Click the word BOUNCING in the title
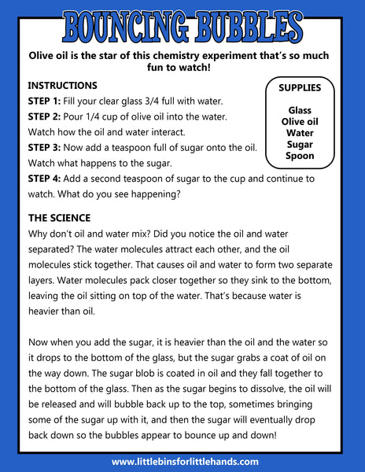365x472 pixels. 126,28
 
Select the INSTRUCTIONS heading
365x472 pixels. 63,86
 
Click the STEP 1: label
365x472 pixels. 44,101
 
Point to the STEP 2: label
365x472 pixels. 44,116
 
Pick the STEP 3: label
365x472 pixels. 44,148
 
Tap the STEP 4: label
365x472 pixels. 44,179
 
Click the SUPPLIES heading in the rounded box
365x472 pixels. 300,88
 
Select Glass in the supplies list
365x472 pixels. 300,110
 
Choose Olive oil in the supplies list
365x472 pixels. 300,122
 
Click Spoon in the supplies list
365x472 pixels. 300,156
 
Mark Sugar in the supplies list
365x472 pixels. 300,145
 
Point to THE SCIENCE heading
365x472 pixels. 60,218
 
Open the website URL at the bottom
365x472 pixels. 185,462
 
